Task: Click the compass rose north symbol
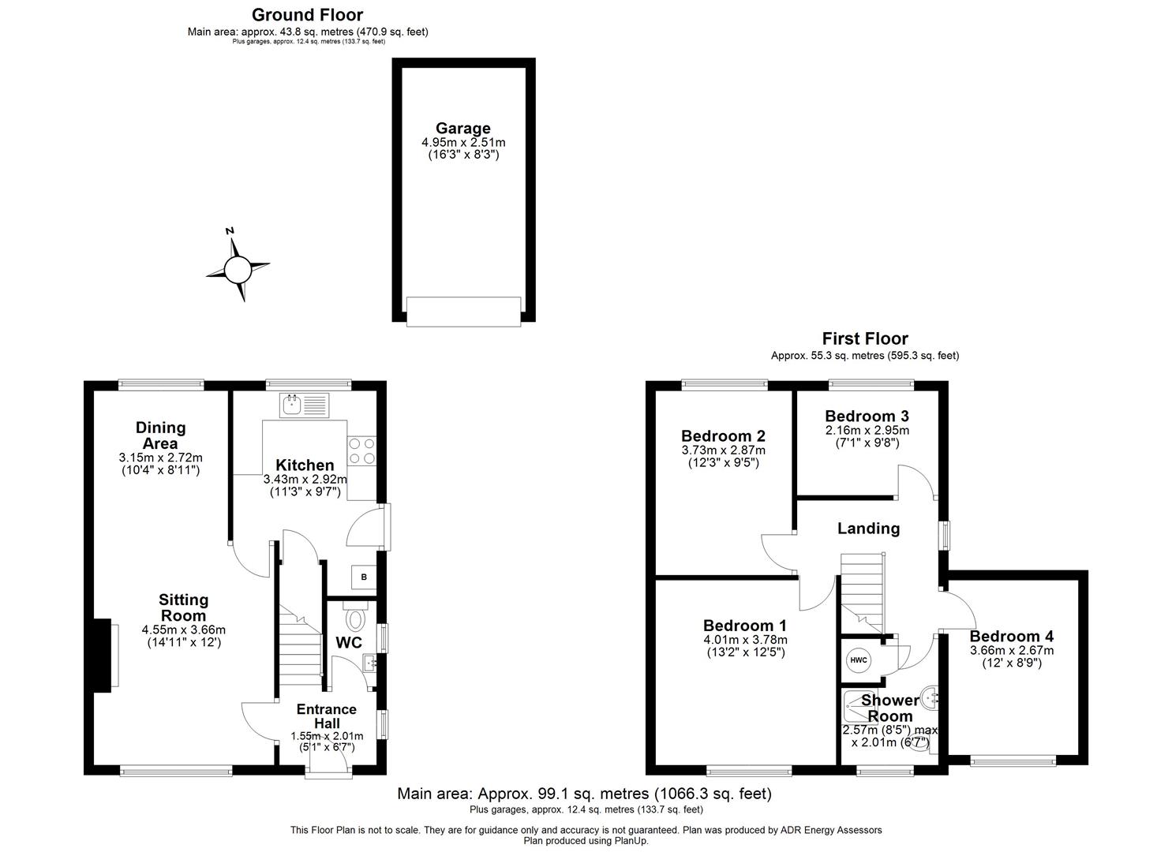point(237,270)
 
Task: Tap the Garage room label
point(463,129)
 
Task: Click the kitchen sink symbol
point(303,406)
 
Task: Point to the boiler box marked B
point(364,577)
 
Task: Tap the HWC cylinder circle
point(859,660)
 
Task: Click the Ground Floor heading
point(307,15)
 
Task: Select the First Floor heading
point(865,339)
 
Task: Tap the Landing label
point(868,529)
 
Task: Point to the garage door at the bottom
point(463,311)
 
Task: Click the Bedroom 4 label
point(1011,636)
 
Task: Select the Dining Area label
point(160,435)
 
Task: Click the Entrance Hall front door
point(328,767)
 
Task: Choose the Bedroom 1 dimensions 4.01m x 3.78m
point(745,640)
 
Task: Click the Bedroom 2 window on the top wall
point(725,385)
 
